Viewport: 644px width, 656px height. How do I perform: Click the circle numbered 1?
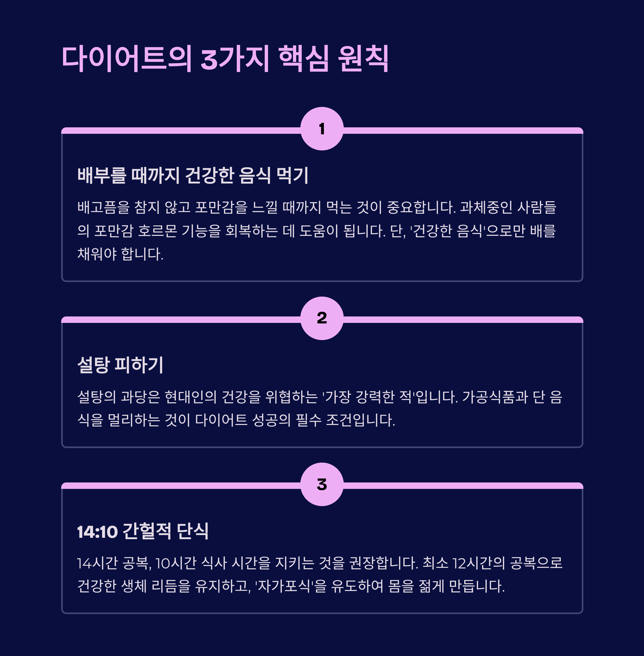click(322, 129)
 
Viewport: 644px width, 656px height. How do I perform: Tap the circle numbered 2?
click(322, 318)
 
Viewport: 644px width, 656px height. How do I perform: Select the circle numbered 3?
click(322, 484)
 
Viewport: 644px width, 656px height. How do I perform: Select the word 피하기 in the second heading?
click(139, 365)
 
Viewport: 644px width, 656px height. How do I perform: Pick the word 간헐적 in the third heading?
click(147, 531)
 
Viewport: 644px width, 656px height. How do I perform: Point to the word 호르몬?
click(158, 231)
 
